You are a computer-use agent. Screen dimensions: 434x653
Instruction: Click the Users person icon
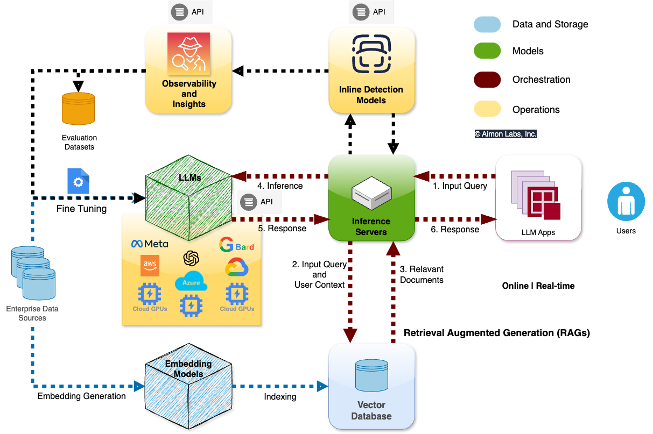pyautogui.click(x=626, y=201)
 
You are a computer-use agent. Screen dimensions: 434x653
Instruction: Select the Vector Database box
pyautogui.click(x=371, y=386)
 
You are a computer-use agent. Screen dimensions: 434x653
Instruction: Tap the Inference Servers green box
pyautogui.click(x=371, y=197)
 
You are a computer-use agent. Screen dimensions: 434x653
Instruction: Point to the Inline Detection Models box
pyautogui.click(x=371, y=70)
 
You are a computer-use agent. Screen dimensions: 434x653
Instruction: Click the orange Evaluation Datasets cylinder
pyautogui.click(x=79, y=108)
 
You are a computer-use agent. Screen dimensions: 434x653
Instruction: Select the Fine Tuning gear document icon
pyautogui.click(x=79, y=181)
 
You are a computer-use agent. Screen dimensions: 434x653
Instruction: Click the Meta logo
pyautogui.click(x=150, y=244)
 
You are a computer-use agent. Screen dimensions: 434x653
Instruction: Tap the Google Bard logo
pyautogui.click(x=236, y=245)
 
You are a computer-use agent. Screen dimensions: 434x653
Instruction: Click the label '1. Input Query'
pyautogui.click(x=460, y=186)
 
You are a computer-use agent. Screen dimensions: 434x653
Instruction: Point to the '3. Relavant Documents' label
pyautogui.click(x=422, y=274)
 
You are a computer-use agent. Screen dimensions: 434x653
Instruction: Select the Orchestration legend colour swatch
pyautogui.click(x=487, y=80)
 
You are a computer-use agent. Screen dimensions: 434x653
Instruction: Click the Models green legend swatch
pyautogui.click(x=487, y=52)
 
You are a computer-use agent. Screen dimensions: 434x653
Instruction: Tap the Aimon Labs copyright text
pyautogui.click(x=505, y=134)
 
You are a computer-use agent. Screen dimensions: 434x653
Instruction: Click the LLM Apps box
pyautogui.click(x=538, y=197)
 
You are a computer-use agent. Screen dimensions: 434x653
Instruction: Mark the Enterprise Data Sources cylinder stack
pyautogui.click(x=33, y=273)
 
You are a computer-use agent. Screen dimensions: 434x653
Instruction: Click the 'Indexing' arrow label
pyautogui.click(x=280, y=396)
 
